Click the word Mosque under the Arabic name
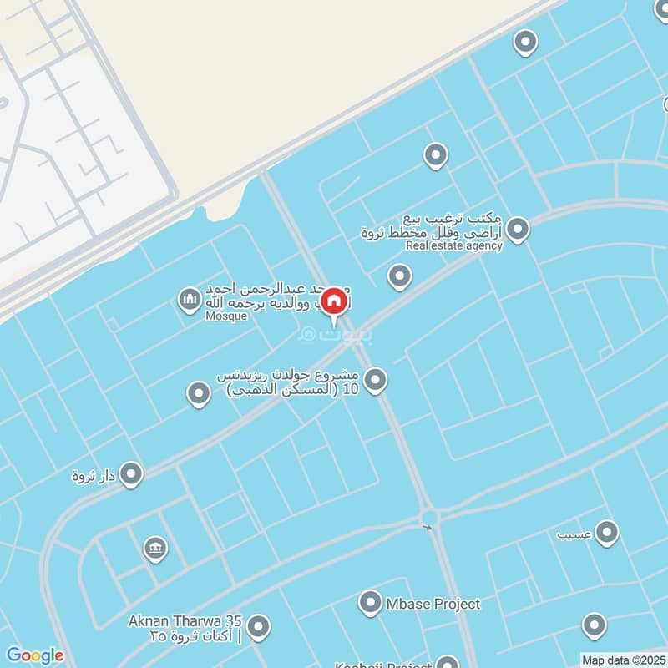226,317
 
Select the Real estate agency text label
454,245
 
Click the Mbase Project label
433,604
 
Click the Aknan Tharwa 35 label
185,621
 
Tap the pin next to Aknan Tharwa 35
259,625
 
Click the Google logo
34,655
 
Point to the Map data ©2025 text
624,660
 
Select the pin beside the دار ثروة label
131,475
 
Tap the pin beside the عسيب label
606,531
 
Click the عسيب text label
575,532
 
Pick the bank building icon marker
155,549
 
